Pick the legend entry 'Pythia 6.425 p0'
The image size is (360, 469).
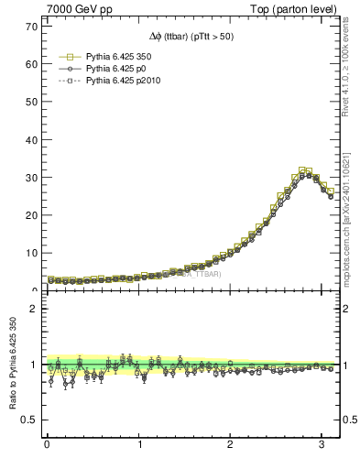(x=111, y=68)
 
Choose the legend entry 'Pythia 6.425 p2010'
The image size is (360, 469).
(x=117, y=81)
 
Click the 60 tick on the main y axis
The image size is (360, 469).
(x=30, y=63)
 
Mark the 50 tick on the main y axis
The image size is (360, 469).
(x=30, y=101)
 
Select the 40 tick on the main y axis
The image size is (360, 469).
(x=30, y=139)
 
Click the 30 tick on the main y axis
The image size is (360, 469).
(x=30, y=177)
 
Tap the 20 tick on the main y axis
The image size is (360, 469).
(x=30, y=215)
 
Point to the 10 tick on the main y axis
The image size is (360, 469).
(x=30, y=253)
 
